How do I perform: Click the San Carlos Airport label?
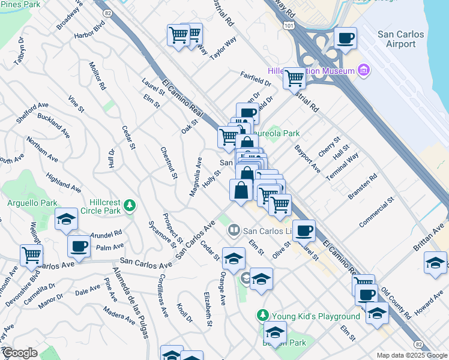pos(396,39)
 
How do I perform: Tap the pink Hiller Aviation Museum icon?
pos(363,71)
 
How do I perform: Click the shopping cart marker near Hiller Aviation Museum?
pos(294,77)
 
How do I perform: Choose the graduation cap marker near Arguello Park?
pos(66,220)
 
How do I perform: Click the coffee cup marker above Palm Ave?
pos(79,245)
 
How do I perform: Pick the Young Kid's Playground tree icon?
pos(262,315)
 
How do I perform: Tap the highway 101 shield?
pos(290,26)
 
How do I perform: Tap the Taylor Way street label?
pos(223,48)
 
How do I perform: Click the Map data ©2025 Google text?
pos(411,355)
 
